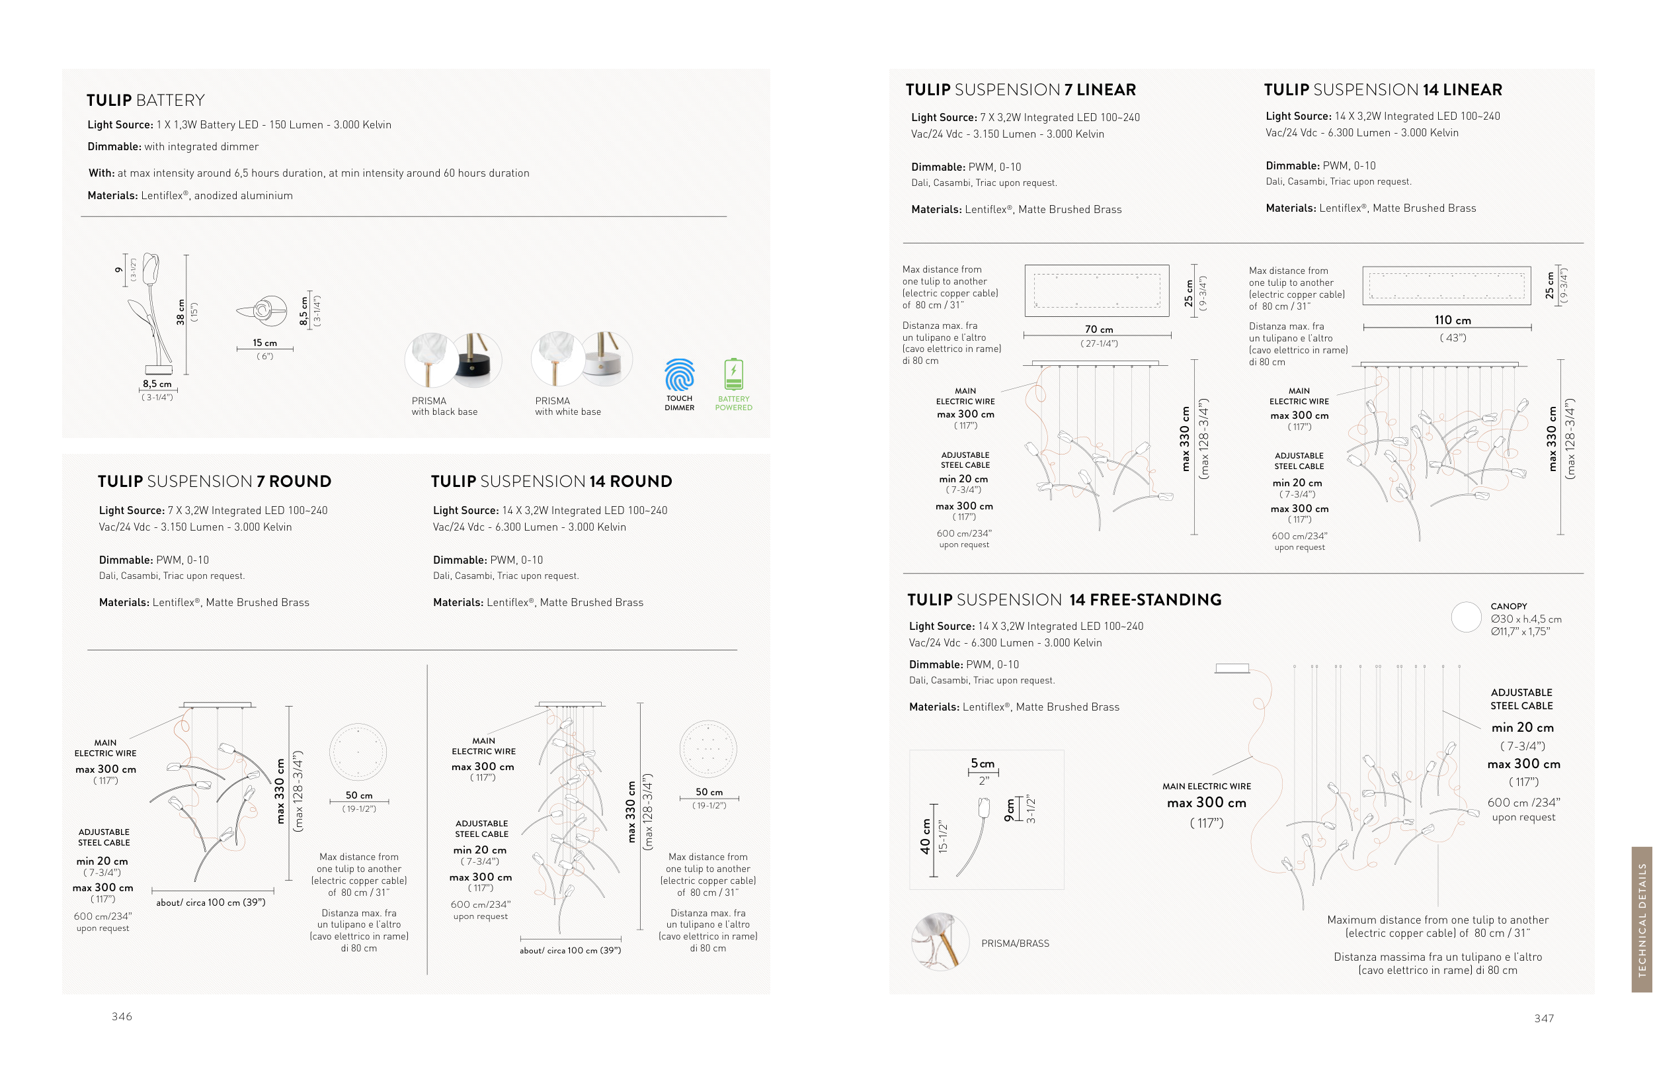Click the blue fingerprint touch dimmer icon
click(x=679, y=375)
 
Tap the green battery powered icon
click(x=733, y=374)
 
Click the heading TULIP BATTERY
click(x=145, y=100)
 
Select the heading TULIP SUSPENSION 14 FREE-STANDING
click(x=1064, y=600)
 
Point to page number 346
click(x=122, y=1016)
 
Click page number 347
click(x=1544, y=1019)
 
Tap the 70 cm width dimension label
click(x=1099, y=329)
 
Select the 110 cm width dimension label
click(x=1453, y=320)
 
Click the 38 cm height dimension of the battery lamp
click(x=181, y=312)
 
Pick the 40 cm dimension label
click(x=925, y=836)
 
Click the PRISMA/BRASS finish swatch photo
click(x=940, y=941)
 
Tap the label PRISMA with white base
click(x=567, y=406)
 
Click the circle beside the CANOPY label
click(x=1466, y=617)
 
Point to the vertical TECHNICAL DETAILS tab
click(x=1642, y=919)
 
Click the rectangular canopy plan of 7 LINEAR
click(x=1097, y=291)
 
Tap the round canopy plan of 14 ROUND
click(x=708, y=749)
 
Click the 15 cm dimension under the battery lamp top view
click(x=265, y=343)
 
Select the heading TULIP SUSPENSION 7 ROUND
click(x=214, y=482)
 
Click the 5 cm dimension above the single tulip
click(x=983, y=764)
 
